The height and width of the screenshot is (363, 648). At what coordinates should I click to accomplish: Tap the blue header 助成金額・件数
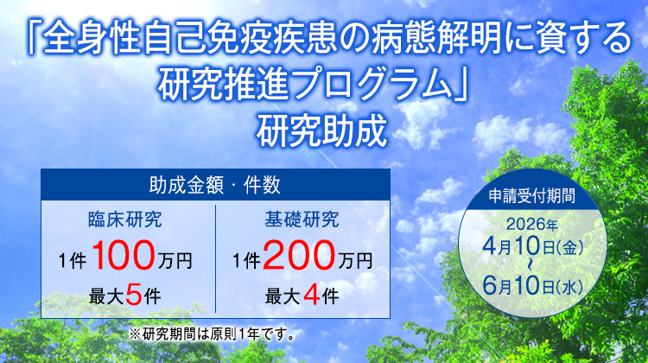[x=214, y=184]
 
